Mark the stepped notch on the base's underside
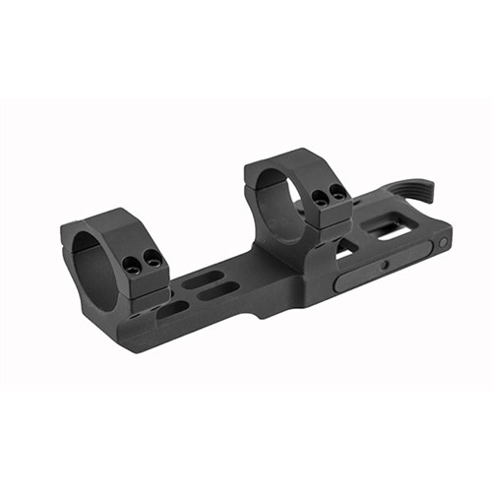point(258,314)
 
